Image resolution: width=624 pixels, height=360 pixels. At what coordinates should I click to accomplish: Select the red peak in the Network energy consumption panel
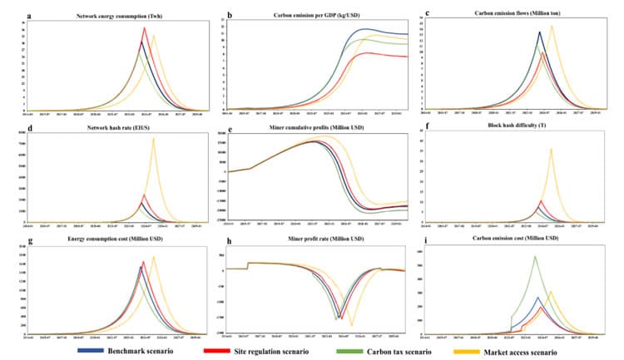145,27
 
